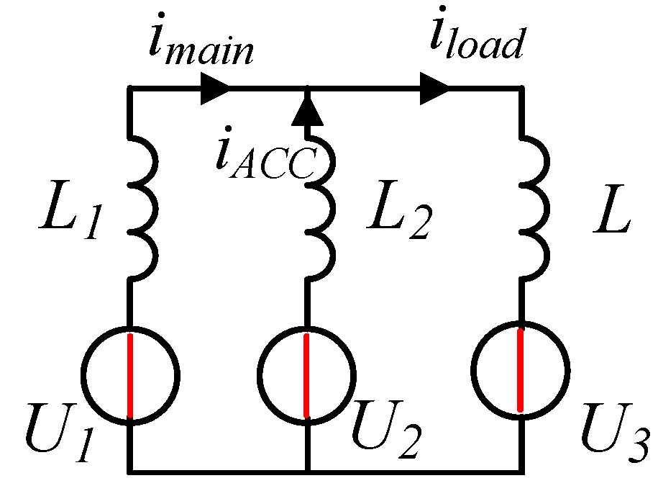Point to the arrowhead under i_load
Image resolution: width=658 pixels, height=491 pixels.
[x=434, y=88]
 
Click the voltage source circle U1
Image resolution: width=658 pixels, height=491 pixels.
[x=130, y=375]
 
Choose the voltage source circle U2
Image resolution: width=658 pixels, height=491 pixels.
[x=306, y=375]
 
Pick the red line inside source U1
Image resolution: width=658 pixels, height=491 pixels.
[x=130, y=375]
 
